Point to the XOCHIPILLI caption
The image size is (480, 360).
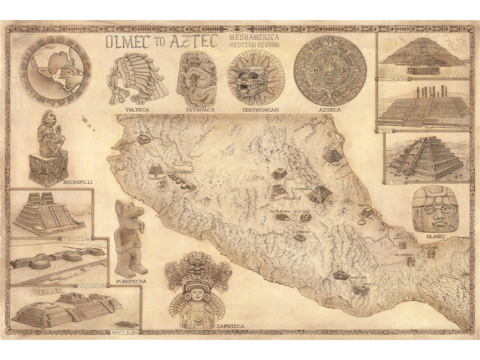[49, 182]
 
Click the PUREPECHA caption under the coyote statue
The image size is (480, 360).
[131, 281]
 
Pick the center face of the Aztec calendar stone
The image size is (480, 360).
[330, 69]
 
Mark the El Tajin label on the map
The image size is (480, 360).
[334, 165]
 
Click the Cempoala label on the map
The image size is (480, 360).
[364, 205]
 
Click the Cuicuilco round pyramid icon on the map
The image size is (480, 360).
[306, 217]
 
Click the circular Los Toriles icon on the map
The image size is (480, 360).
[144, 139]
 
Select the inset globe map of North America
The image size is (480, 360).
[56, 71]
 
